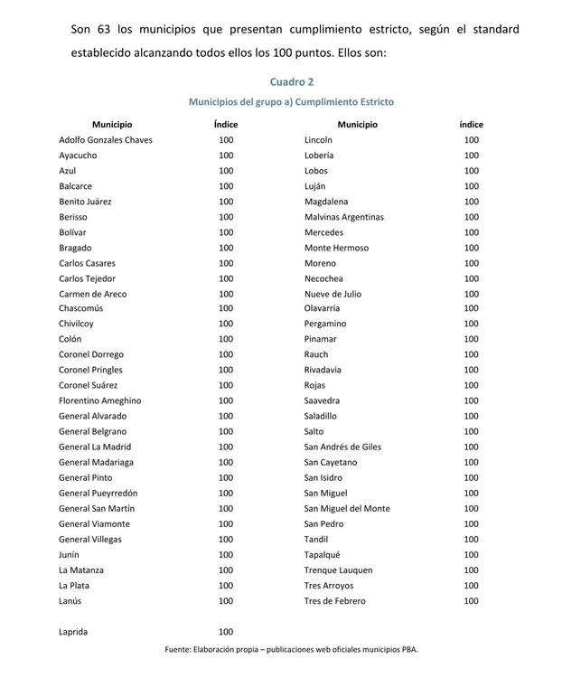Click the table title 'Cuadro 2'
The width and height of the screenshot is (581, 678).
291,82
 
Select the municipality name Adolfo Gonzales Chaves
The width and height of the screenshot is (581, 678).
106,140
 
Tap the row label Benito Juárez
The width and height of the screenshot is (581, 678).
89,202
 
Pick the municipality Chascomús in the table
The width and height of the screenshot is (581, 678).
81,308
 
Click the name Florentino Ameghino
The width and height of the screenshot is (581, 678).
100,400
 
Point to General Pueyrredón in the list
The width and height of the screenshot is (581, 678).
98,493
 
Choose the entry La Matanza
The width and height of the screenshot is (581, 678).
81,570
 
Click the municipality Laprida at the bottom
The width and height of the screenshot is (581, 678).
73,632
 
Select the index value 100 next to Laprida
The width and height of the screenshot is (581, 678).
226,632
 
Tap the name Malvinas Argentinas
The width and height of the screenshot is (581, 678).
344,217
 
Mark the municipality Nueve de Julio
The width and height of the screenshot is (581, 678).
333,294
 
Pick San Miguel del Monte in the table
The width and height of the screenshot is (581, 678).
347,508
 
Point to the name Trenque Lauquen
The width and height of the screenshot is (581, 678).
338,570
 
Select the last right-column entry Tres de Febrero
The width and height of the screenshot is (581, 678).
336,601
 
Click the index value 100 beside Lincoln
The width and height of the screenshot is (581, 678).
472,140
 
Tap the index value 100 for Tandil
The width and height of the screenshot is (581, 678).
472,540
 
